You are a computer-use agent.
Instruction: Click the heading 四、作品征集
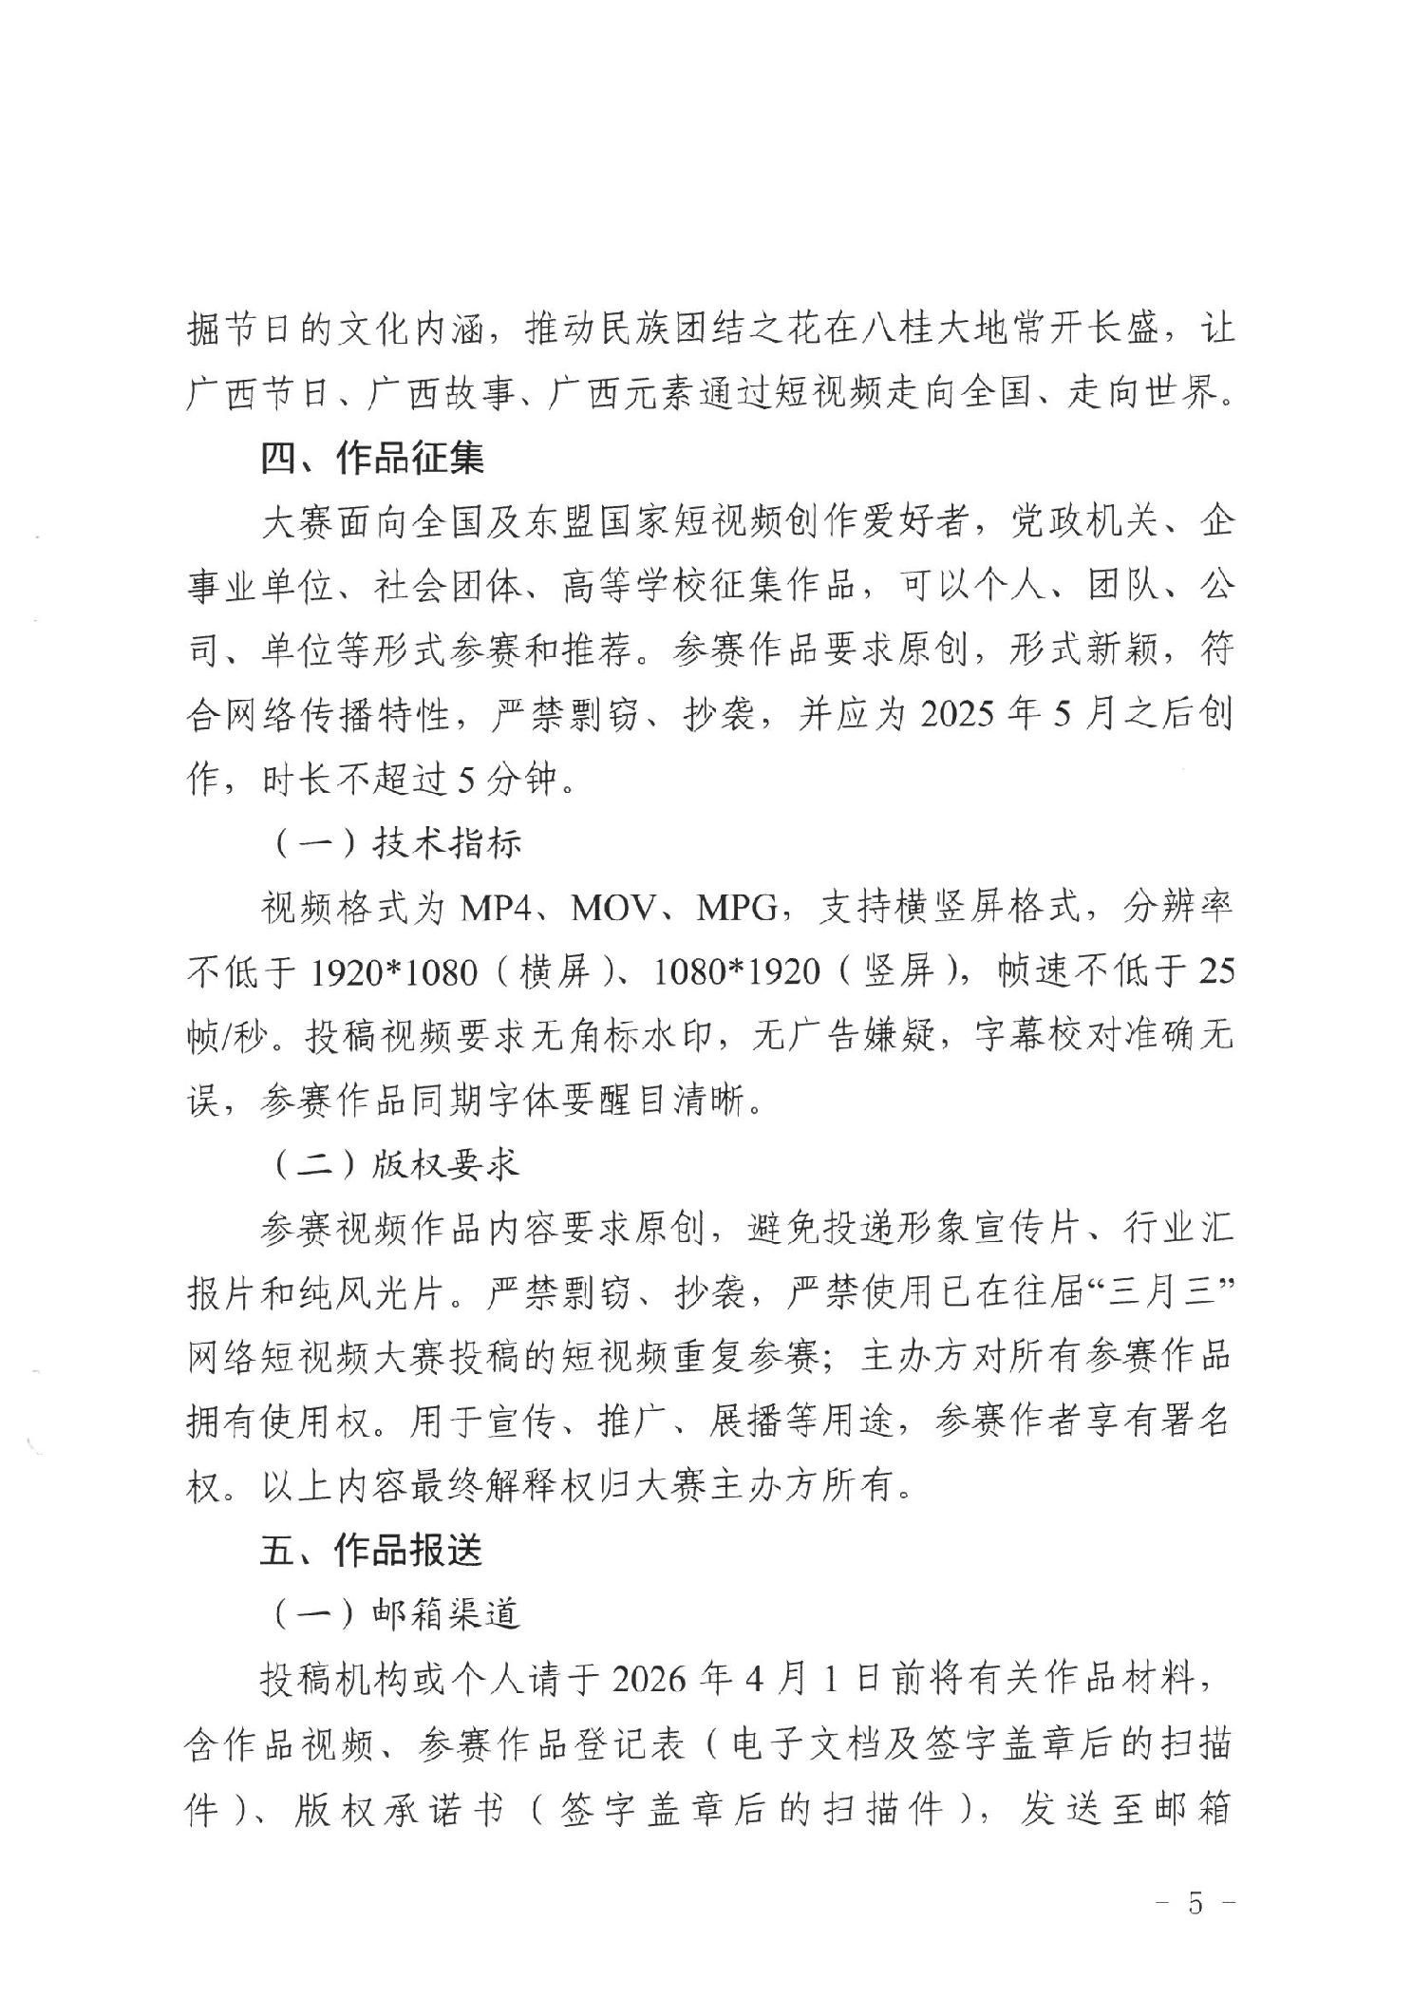tap(372, 459)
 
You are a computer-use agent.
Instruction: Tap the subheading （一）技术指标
tap(393, 843)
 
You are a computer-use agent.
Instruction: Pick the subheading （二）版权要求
tap(393, 1163)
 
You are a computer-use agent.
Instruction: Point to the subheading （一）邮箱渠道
tap(393, 1613)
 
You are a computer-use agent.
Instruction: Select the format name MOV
tap(613, 908)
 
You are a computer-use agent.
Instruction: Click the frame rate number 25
tap(1215, 971)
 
